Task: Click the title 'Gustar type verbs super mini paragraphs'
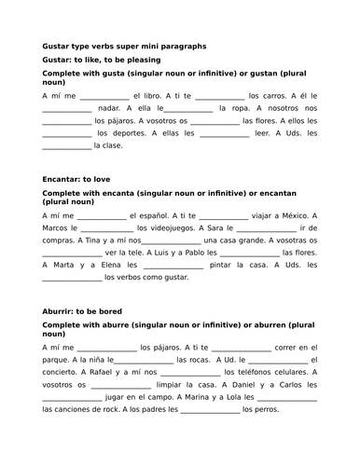click(125, 45)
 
